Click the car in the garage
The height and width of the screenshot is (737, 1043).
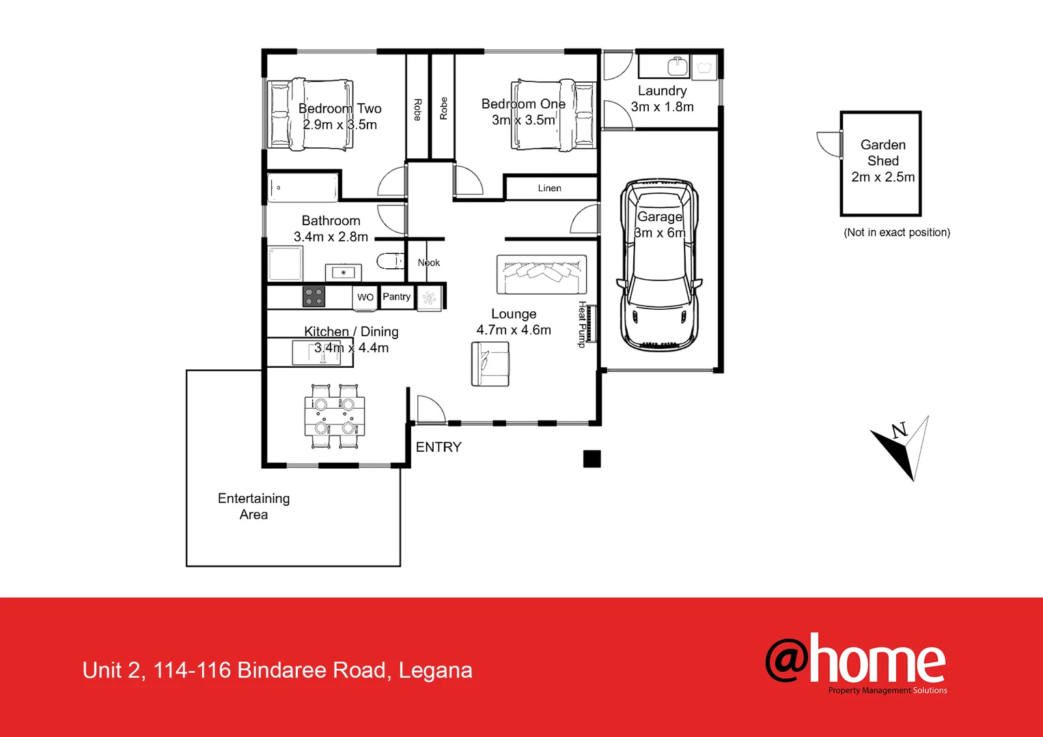pos(659,266)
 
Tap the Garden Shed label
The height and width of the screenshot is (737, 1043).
pos(882,153)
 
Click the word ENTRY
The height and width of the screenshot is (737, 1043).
pos(439,447)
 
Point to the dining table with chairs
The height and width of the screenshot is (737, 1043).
pos(335,416)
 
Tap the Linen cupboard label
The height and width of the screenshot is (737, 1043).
pos(549,188)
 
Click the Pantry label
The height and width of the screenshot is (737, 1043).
pos(396,297)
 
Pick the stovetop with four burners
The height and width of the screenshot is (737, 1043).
pos(314,297)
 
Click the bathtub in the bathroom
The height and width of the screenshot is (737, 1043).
pos(303,187)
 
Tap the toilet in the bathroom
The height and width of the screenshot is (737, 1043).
pos(390,261)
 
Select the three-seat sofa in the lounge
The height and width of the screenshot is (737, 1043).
pos(542,274)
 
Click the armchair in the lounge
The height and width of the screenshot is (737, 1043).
pos(490,364)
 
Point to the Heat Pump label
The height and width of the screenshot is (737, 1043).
pos(582,324)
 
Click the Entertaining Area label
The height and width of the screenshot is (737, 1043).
pos(253,506)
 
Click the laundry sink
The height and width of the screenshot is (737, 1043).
pos(677,67)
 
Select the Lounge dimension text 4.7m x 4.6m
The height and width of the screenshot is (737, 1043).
pos(514,330)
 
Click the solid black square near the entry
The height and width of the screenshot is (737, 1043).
pos(592,459)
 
